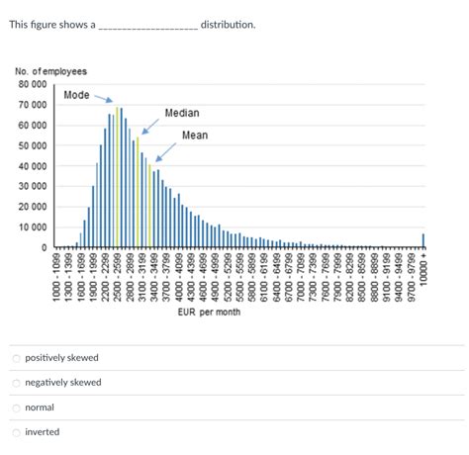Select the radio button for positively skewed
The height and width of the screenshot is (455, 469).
click(16, 357)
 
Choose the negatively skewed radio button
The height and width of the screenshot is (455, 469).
click(16, 382)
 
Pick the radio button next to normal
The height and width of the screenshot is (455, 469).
click(16, 408)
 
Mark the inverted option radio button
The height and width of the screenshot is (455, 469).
click(16, 432)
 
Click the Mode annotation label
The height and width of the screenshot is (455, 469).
click(76, 95)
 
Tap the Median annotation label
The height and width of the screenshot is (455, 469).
click(181, 113)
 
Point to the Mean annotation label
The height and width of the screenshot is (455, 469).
click(195, 135)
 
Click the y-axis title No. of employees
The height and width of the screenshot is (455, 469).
click(50, 71)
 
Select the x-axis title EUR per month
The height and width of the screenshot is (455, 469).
click(209, 313)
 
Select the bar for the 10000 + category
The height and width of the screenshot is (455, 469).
click(423, 240)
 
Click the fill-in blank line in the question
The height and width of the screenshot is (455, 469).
click(147, 27)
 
